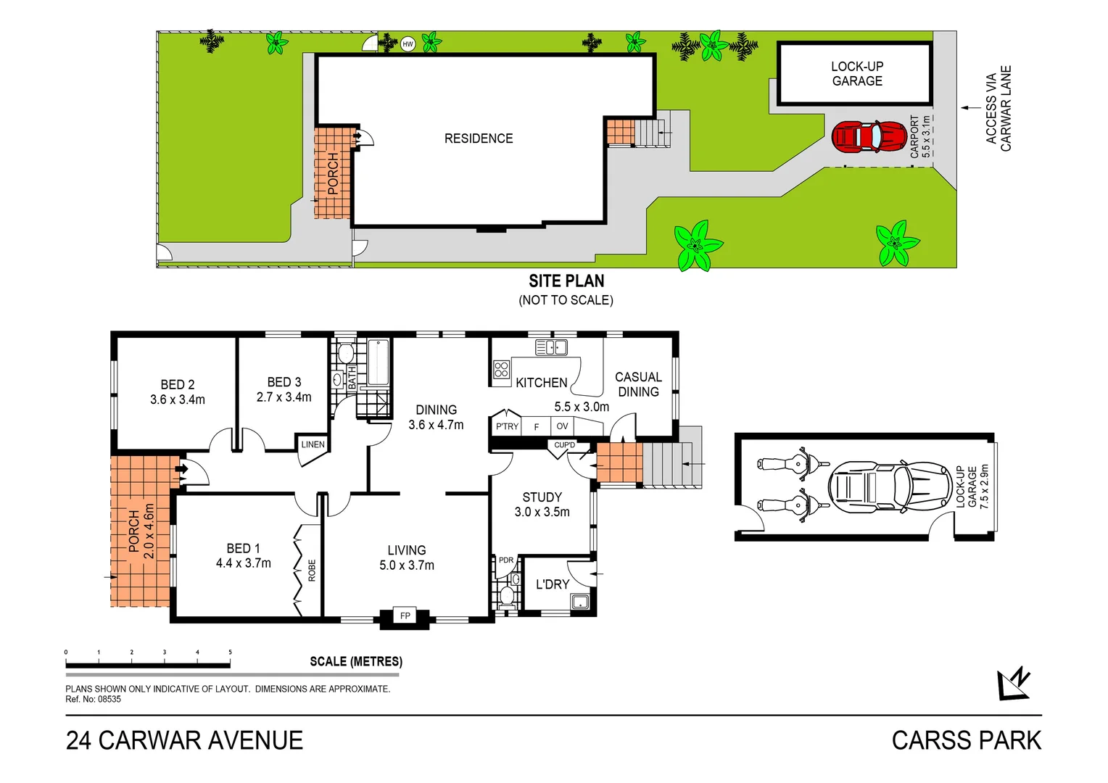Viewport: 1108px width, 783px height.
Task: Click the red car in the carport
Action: [x=868, y=136]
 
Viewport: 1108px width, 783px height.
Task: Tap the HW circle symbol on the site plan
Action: [x=408, y=44]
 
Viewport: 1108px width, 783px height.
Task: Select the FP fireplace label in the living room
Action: [x=405, y=616]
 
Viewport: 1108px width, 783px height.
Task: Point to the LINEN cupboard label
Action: [x=313, y=444]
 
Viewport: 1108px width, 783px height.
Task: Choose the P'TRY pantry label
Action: [x=507, y=426]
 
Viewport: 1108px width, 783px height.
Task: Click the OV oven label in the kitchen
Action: [x=562, y=426]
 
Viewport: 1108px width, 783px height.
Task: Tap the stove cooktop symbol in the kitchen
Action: [x=501, y=370]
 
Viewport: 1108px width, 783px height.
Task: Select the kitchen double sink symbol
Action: [x=551, y=348]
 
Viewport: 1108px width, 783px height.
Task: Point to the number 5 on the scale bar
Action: [x=230, y=652]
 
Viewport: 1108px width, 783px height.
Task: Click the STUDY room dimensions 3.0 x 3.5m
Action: [x=542, y=512]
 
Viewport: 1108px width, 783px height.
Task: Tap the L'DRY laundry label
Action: [x=553, y=584]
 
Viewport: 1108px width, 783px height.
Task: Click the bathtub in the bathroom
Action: [x=378, y=362]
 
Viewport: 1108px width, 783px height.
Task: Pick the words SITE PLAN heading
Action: [x=566, y=281]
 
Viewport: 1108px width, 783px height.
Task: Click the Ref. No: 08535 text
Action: [x=94, y=700]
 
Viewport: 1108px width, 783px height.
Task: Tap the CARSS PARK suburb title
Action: [x=966, y=741]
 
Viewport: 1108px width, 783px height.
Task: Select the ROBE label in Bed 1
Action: [x=313, y=571]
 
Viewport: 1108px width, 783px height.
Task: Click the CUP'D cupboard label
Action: [x=564, y=445]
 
